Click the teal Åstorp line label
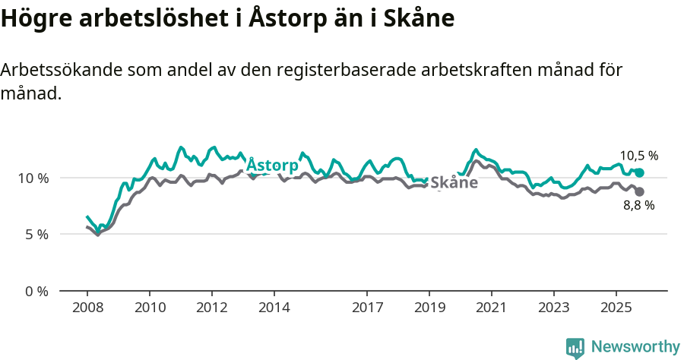(272, 166)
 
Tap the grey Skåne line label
(454, 182)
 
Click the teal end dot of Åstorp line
(640, 173)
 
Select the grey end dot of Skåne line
(640, 192)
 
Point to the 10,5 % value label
(638, 156)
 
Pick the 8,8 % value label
(638, 205)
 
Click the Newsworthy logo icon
(575, 348)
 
